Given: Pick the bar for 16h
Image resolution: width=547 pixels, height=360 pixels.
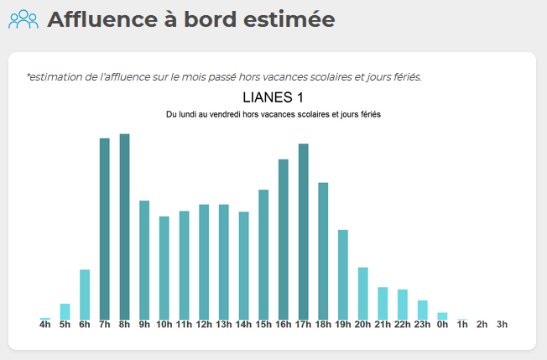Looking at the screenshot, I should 284,239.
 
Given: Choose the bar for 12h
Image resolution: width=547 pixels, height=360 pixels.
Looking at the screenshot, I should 204,262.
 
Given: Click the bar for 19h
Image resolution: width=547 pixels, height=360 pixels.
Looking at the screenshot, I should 342,274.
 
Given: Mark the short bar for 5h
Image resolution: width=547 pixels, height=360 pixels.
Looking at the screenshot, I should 65,311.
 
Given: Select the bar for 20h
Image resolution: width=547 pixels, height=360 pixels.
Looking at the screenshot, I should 362,293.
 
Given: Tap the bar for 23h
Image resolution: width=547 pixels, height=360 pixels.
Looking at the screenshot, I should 422,310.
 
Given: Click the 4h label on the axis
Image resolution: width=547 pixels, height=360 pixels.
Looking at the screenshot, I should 45,324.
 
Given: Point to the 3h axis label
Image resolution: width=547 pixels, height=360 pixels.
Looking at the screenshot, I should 502,324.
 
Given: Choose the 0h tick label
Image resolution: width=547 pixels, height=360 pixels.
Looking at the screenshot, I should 442,324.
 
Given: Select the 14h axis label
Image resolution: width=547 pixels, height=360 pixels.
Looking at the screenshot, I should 243,324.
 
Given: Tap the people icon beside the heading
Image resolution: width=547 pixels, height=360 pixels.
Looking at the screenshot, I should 23,18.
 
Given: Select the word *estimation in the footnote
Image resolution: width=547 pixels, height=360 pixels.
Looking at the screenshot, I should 53,77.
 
